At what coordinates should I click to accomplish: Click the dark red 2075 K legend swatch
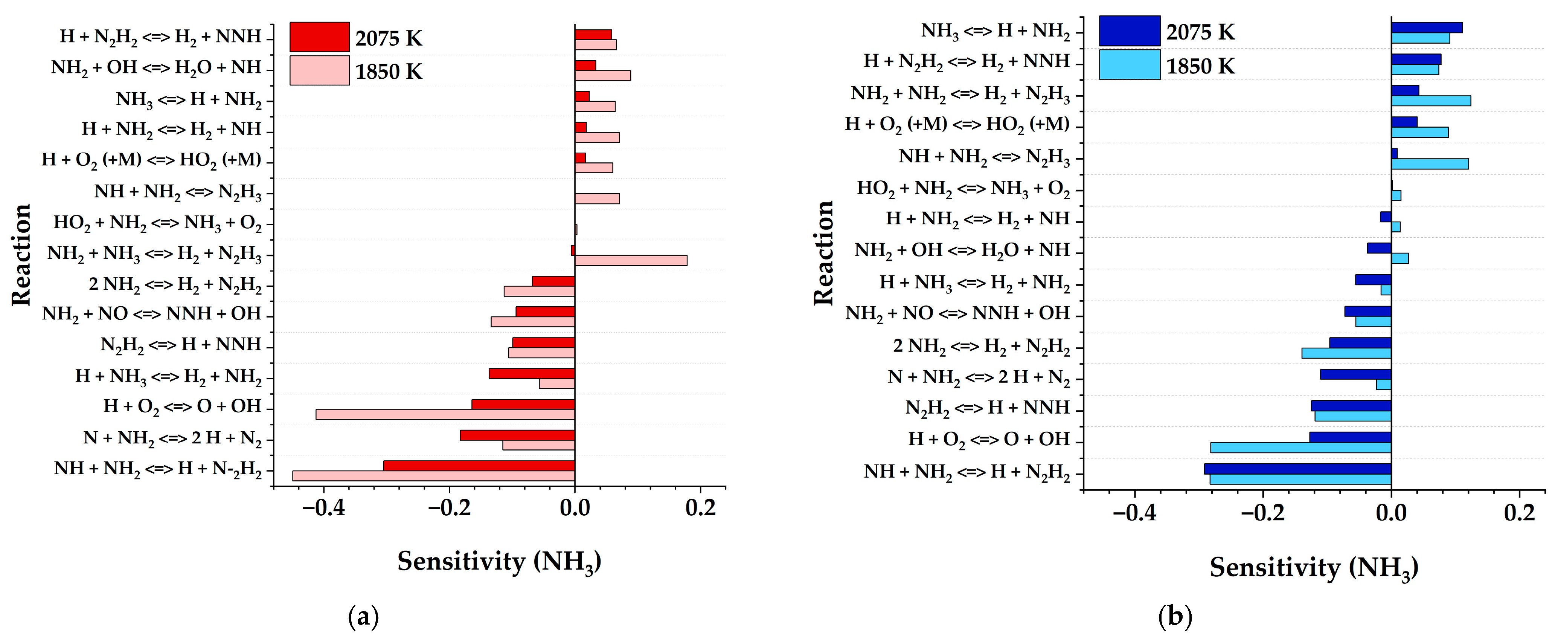coord(319,37)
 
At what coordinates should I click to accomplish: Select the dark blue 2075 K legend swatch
coord(1129,31)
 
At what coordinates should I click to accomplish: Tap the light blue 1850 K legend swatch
coord(1129,65)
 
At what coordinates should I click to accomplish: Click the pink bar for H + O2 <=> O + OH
coord(445,414)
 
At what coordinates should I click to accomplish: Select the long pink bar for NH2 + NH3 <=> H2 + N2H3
coord(631,260)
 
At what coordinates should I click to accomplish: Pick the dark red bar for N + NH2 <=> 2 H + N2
coord(517,435)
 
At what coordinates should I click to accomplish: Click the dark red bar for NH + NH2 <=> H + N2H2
coord(479,466)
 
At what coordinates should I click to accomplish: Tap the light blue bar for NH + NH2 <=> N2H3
coord(1430,163)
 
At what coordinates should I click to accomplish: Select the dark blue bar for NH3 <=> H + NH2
coord(1427,27)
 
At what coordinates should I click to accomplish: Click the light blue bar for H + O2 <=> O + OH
coord(1301,448)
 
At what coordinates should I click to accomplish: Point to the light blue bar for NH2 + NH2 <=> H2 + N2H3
coord(1431,100)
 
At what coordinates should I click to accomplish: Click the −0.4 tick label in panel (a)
coord(323,508)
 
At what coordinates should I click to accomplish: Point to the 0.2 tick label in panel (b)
coord(1519,513)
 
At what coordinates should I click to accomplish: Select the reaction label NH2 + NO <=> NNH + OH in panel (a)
coord(151,314)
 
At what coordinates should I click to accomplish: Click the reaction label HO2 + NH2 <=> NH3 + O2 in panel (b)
coord(963,189)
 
